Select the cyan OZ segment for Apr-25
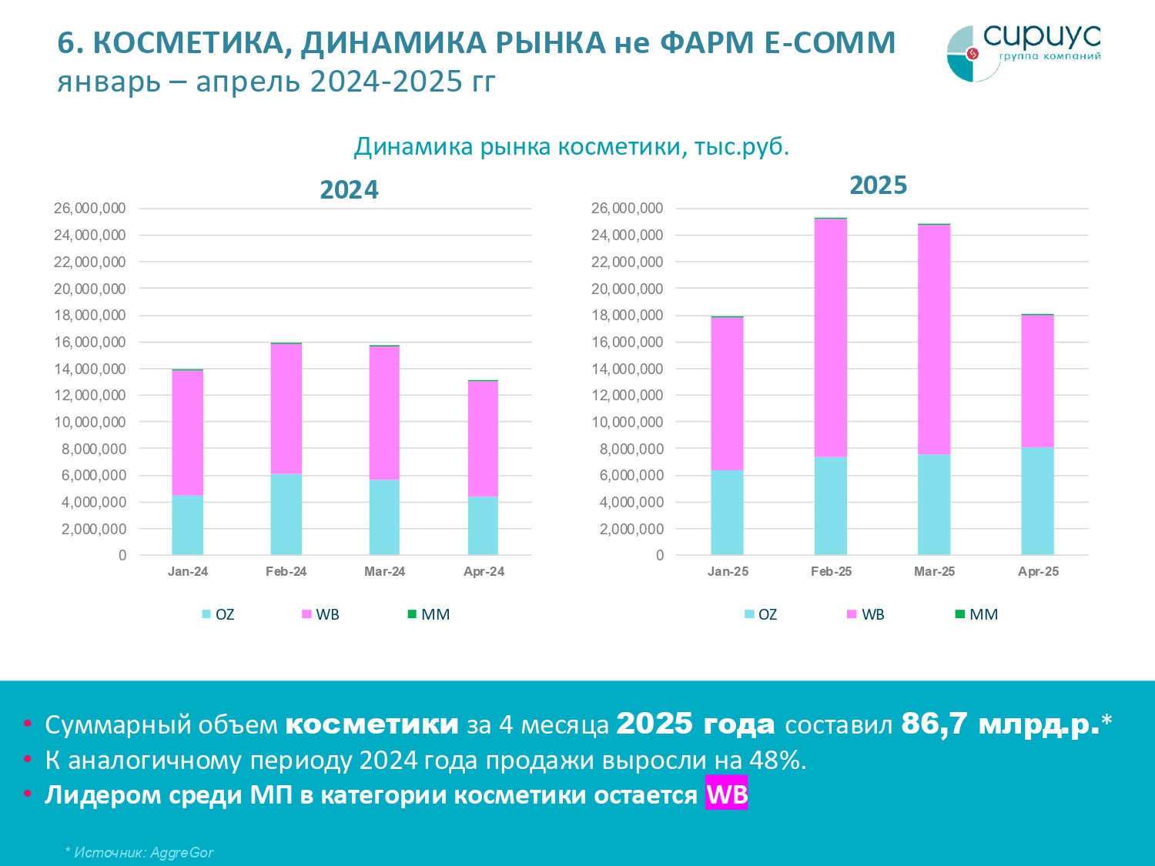coord(1037,500)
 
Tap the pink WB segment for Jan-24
coord(187,433)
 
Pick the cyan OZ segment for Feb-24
coord(286,513)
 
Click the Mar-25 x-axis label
coord(934,571)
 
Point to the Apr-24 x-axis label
coord(484,571)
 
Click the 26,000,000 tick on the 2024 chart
coord(89,208)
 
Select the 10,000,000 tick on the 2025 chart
coord(627,422)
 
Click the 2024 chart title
coord(349,189)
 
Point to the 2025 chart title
coord(878,185)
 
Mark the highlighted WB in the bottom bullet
coord(726,794)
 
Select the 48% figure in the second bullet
coord(777,760)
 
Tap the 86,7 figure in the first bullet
coord(934,724)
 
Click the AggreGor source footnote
coord(139,852)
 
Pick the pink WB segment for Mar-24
coord(384,413)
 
